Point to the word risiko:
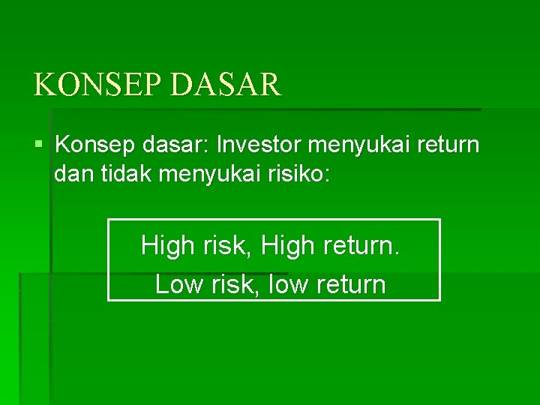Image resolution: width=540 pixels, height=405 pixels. tap(298, 175)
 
